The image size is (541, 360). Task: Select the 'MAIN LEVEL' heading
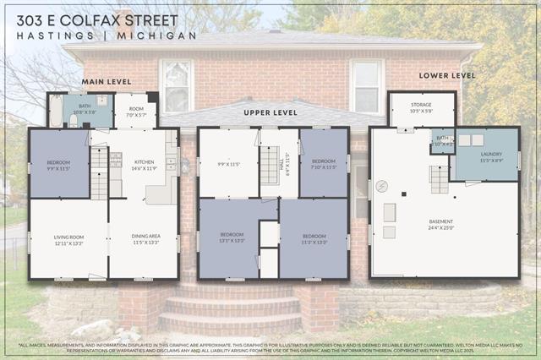pos(107,81)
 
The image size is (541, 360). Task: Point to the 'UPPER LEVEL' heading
pos(270,112)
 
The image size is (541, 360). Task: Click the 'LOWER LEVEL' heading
pos(446,75)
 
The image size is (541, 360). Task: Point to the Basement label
pos(440,225)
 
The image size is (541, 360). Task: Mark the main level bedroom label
pos(59,166)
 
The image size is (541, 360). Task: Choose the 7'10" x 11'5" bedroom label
pos(324,164)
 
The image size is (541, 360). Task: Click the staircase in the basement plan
pos(439,179)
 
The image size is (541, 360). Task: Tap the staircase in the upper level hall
pos(269,166)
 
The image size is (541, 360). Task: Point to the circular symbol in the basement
pos(381,185)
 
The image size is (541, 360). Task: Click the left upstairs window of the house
pos(176,85)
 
